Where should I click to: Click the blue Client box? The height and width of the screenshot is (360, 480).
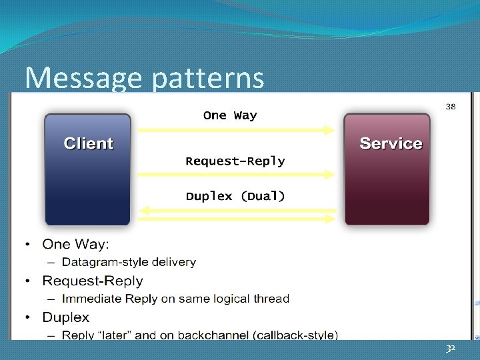88,169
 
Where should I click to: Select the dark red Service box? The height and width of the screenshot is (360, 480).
387,169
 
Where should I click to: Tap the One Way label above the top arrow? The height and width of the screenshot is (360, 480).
230,115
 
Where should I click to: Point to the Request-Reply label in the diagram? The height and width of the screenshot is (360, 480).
235,161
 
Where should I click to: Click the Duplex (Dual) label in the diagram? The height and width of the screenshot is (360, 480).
235,196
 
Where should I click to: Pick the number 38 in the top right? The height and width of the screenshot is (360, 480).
451,107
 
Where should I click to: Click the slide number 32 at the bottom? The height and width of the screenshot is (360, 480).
451,349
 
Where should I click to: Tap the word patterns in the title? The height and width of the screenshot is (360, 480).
208,79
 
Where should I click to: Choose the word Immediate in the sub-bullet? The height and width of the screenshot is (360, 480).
93,299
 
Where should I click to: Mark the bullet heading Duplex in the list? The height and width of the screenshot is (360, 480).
65,317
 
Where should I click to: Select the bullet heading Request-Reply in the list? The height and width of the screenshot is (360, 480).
92,281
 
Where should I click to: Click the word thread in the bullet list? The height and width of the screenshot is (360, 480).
272,299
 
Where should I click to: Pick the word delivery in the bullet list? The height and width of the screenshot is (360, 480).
175,262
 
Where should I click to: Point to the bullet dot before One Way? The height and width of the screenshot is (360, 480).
28,245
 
